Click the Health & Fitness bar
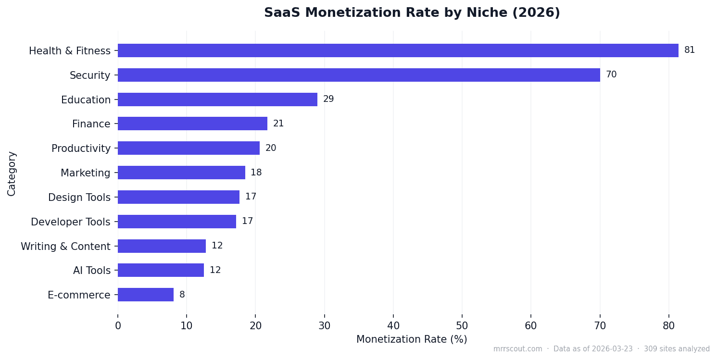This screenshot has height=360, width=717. (398, 50)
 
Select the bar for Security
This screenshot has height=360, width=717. (359, 75)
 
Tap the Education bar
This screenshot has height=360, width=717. (217, 99)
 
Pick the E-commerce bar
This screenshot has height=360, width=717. (146, 295)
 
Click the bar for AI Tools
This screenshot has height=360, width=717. (161, 270)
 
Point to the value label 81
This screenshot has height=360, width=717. (689, 50)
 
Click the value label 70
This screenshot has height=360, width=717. (611, 75)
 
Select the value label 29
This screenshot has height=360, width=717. (328, 99)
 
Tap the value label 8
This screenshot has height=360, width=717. (182, 295)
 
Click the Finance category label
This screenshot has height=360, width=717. (91, 124)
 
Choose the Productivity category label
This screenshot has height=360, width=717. (81, 149)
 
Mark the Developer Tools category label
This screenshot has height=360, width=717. (70, 222)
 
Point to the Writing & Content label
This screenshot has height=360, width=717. (65, 246)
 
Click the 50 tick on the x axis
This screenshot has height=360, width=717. (462, 325)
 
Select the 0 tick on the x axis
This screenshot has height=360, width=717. (118, 325)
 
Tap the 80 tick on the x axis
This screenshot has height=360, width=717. (669, 325)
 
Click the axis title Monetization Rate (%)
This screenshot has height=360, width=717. (412, 339)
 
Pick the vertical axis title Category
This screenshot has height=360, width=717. (12, 173)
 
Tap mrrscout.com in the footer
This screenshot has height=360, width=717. (517, 349)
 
